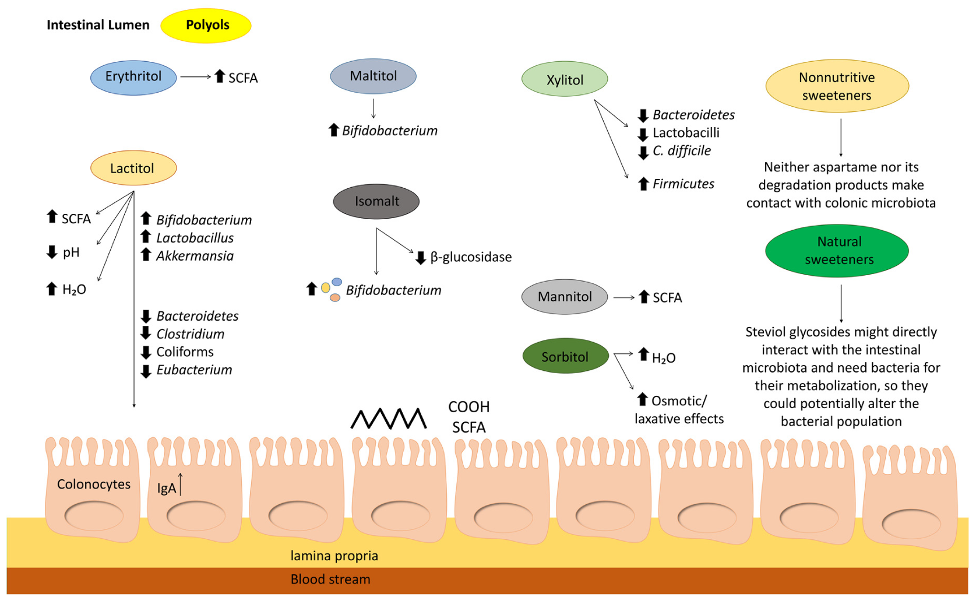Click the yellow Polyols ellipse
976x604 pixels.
click(x=206, y=26)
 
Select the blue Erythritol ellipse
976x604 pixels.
click(x=133, y=77)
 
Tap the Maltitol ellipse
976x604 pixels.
click(x=373, y=76)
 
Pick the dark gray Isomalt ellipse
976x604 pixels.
click(x=376, y=202)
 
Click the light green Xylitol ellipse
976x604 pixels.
click(x=564, y=80)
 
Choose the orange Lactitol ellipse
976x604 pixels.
click(x=133, y=168)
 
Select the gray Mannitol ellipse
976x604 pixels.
click(x=564, y=297)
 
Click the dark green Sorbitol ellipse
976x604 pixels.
click(x=565, y=357)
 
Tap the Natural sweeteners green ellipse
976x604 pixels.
click(x=837, y=251)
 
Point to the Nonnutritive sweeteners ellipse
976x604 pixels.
click(x=837, y=86)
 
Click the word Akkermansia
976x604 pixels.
click(x=195, y=256)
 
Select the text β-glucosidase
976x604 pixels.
click(x=471, y=257)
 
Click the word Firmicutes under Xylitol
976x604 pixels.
click(x=683, y=184)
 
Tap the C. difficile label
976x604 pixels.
click(x=681, y=151)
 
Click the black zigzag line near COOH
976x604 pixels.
click(x=388, y=419)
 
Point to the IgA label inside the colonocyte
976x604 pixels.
click(x=166, y=489)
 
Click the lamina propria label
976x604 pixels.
click(x=334, y=556)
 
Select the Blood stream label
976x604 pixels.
click(x=330, y=580)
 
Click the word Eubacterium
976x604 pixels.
click(x=194, y=370)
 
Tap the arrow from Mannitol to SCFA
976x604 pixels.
click(x=623, y=298)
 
